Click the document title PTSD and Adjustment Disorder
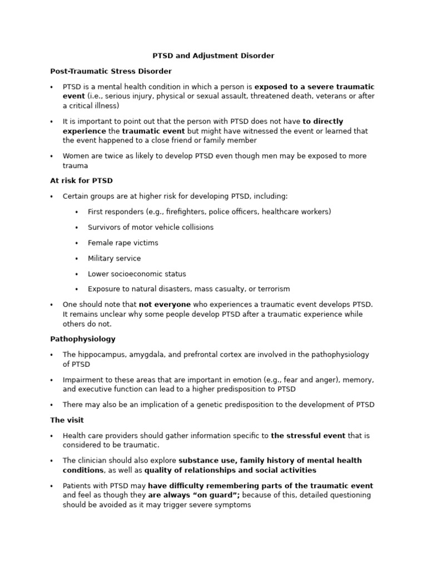(x=213, y=56)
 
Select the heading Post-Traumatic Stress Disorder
(x=111, y=71)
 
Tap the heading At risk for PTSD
(x=81, y=180)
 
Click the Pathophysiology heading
(x=82, y=338)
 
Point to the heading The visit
(x=67, y=420)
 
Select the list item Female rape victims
(x=123, y=243)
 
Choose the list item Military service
(x=114, y=258)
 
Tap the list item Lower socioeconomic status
(x=137, y=274)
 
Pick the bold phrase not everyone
(x=165, y=304)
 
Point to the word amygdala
(x=152, y=355)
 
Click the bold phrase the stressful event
(x=308, y=435)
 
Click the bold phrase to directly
(x=323, y=121)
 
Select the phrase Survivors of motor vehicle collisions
(x=150, y=227)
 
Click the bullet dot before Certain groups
(x=52, y=196)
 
